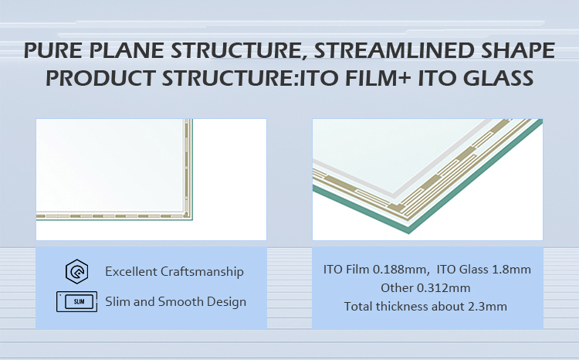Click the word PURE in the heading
(53, 50)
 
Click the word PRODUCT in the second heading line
(100, 78)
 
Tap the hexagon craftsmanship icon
(76, 272)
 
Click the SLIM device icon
(76, 301)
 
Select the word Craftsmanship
(202, 272)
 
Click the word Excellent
(131, 272)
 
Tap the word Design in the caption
(226, 302)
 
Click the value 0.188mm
(400, 270)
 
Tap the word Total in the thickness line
(358, 307)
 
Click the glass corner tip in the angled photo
(408, 233)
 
